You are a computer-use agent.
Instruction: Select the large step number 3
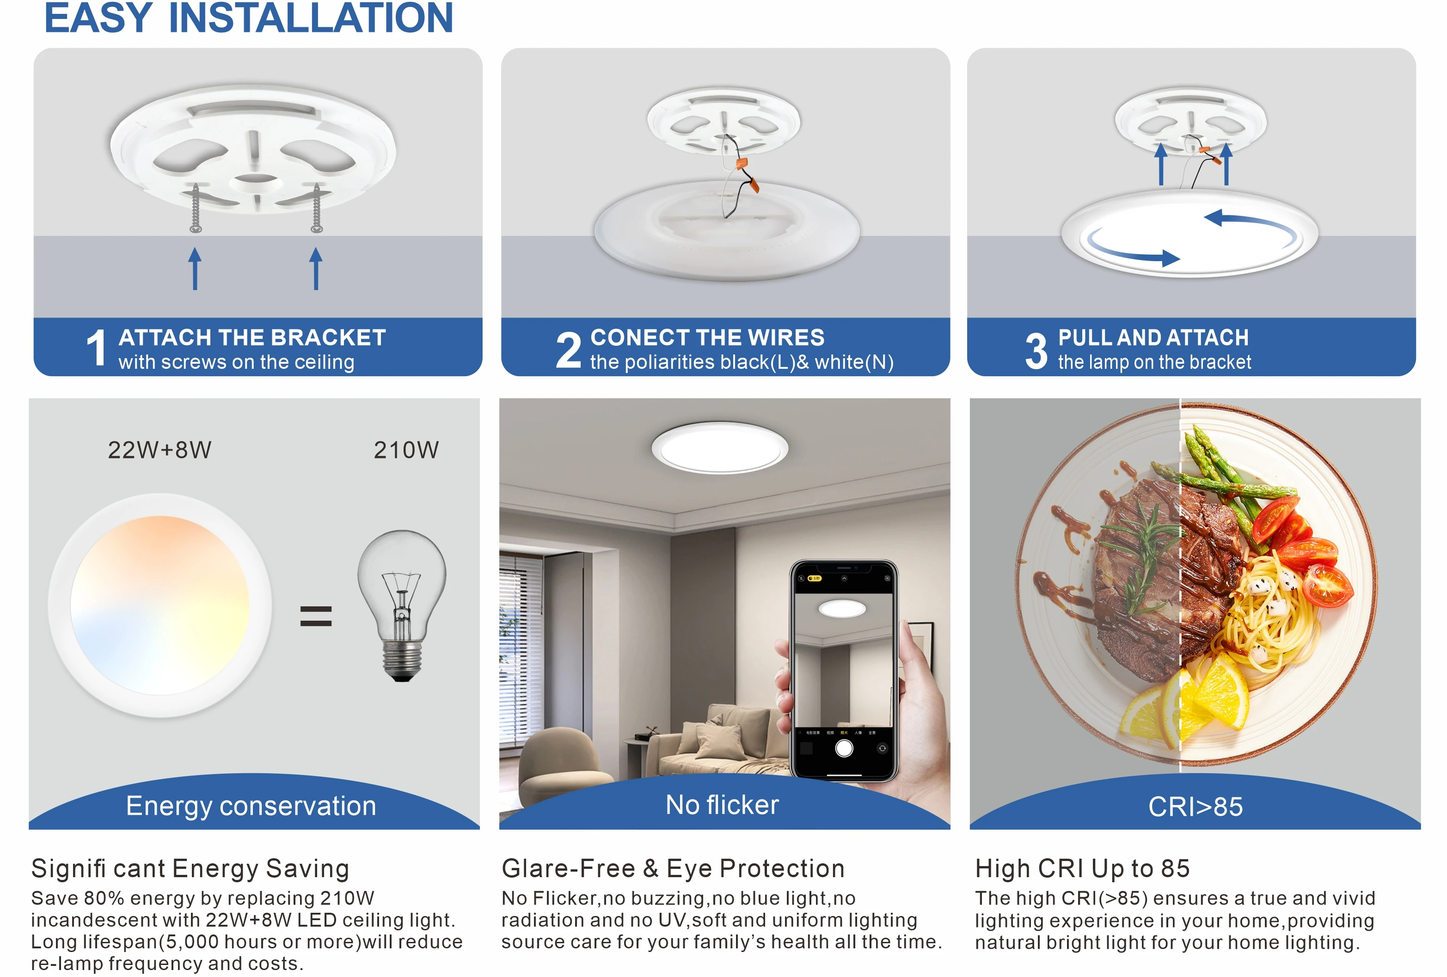pyautogui.click(x=1036, y=350)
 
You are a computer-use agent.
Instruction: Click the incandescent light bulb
pyautogui.click(x=402, y=604)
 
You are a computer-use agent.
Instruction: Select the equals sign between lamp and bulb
pyautogui.click(x=316, y=616)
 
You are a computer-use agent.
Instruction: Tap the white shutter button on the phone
pyautogui.click(x=844, y=748)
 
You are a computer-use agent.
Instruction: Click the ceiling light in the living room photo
pyautogui.click(x=719, y=447)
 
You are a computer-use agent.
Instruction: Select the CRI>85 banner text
pyautogui.click(x=1195, y=806)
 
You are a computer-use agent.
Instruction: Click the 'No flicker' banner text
pyautogui.click(x=722, y=805)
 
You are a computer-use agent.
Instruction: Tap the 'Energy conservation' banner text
pyautogui.click(x=251, y=806)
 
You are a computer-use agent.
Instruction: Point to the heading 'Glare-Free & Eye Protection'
pyautogui.click(x=673, y=868)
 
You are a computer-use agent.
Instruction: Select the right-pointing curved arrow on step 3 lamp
pyautogui.click(x=1133, y=254)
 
